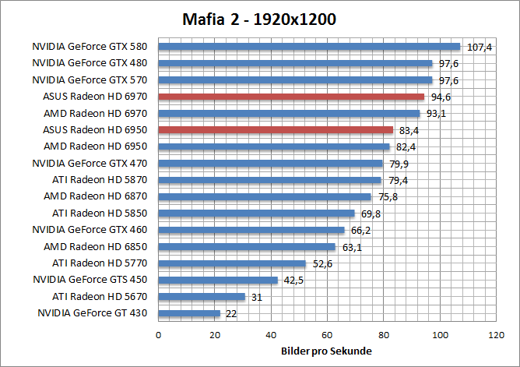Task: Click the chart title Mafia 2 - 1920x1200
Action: pyautogui.click(x=259, y=19)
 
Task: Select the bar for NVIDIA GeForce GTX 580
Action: pyautogui.click(x=309, y=47)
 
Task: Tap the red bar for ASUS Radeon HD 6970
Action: pyautogui.click(x=291, y=97)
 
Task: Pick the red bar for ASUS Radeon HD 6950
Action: pyautogui.click(x=276, y=130)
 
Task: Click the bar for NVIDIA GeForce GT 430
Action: pyautogui.click(x=189, y=313)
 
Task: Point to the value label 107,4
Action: pyautogui.click(x=479, y=48)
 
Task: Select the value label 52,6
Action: pyautogui.click(x=322, y=264)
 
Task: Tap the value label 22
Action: pyautogui.click(x=230, y=314)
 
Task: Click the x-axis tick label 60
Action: pyautogui.click(x=328, y=335)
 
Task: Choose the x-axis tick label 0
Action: pyautogui.click(x=159, y=335)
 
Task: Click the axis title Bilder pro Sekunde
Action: pyautogui.click(x=327, y=351)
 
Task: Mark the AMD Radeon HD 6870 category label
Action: pyautogui.click(x=97, y=196)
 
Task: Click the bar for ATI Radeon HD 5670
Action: pyautogui.click(x=202, y=297)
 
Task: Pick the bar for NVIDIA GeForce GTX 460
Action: pyautogui.click(x=251, y=230)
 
